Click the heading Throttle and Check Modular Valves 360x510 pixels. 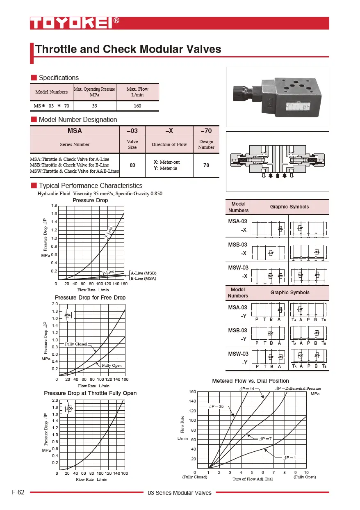pos(128,49)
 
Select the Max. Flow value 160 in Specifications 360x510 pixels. pos(137,106)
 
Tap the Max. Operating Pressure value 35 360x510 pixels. pos(94,106)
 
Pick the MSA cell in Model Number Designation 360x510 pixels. pos(75,130)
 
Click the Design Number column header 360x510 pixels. pos(206,144)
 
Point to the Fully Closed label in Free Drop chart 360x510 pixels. pos(76,344)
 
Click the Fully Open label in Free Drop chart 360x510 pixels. pos(112,365)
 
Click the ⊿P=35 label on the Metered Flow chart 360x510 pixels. pos(216,406)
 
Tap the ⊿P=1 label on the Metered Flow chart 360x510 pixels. pos(289,457)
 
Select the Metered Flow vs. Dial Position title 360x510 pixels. pos(250,381)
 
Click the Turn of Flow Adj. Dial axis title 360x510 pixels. pos(253,479)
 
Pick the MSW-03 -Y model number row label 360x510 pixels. pos(238,358)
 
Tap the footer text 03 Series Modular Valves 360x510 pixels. pos(180,493)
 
